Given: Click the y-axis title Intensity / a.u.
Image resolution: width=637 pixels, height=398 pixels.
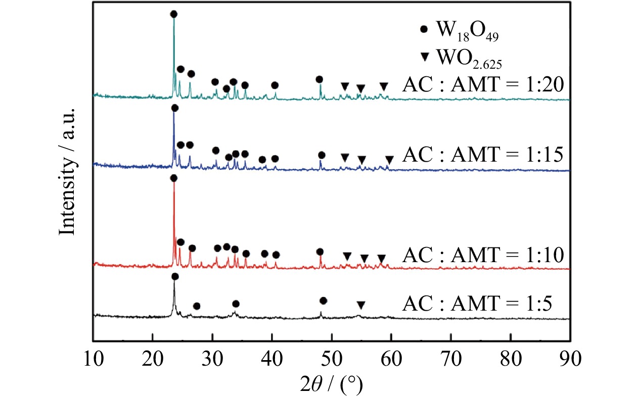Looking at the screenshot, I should click(x=67, y=172).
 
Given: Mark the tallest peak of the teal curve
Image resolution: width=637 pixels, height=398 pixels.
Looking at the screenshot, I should click(x=174, y=20).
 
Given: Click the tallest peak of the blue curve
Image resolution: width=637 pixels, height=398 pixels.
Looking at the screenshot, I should click(x=174, y=114).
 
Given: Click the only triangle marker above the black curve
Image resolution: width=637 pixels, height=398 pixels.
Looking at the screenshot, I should click(x=360, y=305).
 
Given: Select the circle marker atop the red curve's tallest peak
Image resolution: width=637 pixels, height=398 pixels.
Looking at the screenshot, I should click(x=173, y=178).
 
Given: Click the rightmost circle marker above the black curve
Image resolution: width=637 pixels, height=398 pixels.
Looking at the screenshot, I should click(x=324, y=301).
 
